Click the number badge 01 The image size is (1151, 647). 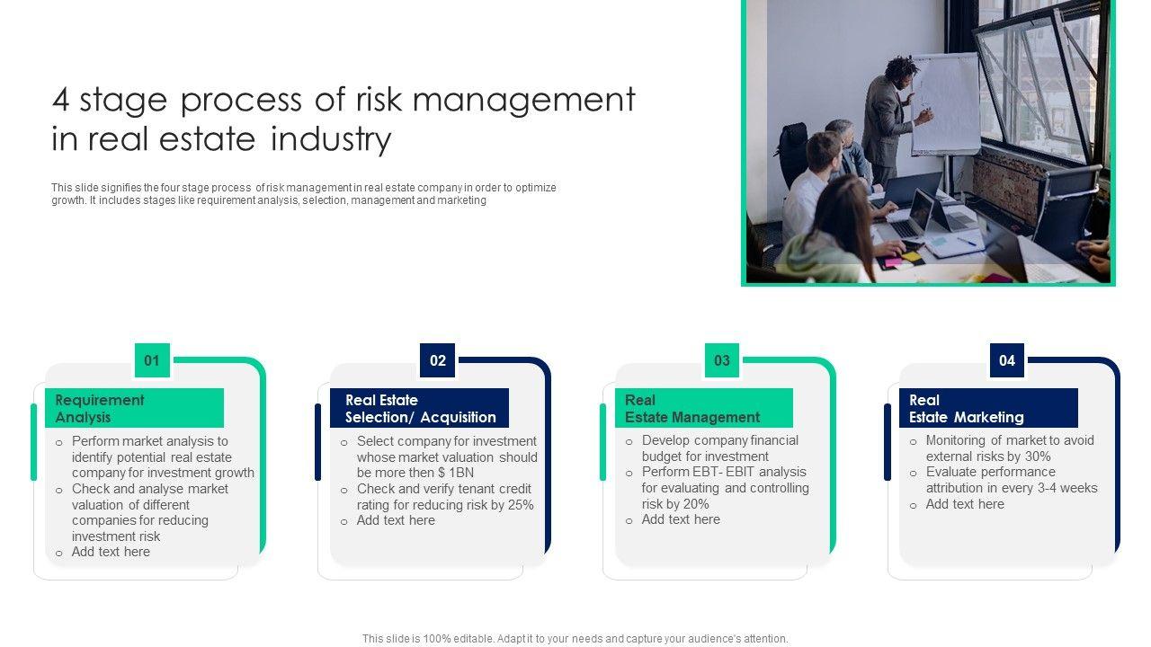pos(152,360)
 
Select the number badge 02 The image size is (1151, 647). pos(437,360)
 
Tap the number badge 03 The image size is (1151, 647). pos(722,360)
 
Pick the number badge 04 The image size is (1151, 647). pos(1006,360)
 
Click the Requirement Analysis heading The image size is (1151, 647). pos(100,409)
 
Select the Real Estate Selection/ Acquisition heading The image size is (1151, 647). pos(420,409)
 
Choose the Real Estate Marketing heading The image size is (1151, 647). pos(966,409)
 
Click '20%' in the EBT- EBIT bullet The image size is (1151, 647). pos(696,504)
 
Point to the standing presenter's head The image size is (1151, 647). pos(901,69)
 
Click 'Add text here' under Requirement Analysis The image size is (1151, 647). pos(111,552)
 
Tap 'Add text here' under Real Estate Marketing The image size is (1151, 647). pos(965,504)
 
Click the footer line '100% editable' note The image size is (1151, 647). pos(575,639)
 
